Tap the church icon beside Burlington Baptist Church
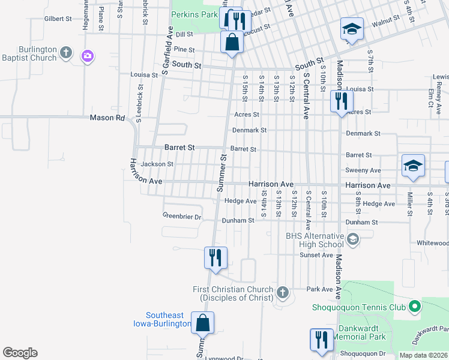pos(67,54)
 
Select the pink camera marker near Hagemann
pos(88,56)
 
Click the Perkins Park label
pos(194,14)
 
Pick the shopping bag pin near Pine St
pos(231,43)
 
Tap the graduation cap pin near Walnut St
pos(351,29)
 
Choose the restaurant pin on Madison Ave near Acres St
pos(341,101)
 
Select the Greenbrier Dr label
pos(181,216)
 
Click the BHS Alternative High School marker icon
pos(352,240)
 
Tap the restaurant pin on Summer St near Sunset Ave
pos(215,258)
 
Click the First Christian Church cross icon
pos(283,293)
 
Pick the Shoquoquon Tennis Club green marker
pos(414,307)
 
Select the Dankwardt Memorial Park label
pos(361,332)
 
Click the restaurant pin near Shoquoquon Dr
pos(321,340)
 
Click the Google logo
pos(20,353)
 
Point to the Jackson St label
pos(157,164)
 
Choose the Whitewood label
pos(433,243)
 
